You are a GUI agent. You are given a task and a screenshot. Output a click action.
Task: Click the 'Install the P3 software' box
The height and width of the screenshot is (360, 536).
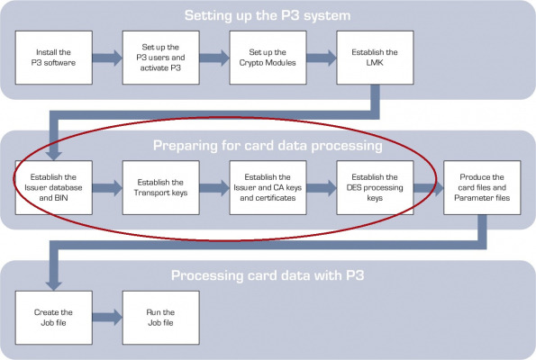pos(54,58)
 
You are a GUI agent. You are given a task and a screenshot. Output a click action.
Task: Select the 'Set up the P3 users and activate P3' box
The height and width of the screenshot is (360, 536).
pos(160,58)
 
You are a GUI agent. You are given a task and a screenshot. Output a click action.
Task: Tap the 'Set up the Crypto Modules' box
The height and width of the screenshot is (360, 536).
pos(268,58)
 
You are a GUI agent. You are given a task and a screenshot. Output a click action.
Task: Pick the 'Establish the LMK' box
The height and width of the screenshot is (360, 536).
pos(375,58)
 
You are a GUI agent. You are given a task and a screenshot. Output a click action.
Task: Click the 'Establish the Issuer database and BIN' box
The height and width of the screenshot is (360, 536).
pos(54,187)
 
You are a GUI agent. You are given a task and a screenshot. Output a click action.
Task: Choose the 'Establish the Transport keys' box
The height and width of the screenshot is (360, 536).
pos(160,187)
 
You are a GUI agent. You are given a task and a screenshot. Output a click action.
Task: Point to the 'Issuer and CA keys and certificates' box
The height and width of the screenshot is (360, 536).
pos(268,187)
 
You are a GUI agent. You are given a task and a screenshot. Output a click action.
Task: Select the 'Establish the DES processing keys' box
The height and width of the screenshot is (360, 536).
pos(375,187)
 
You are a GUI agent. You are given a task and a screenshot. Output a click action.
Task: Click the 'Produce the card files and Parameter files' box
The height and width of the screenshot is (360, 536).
pos(482,187)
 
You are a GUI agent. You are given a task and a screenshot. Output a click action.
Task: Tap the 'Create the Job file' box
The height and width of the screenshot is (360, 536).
pos(54,318)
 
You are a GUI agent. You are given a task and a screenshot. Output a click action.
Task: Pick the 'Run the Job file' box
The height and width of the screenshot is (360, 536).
pos(160,318)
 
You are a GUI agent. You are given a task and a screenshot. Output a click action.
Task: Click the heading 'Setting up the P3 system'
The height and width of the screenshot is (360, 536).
pos(268,15)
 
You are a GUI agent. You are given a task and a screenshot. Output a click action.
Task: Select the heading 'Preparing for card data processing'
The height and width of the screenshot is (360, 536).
pos(268,146)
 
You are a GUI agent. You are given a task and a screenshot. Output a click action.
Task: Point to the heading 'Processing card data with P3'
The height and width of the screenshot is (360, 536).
pos(268,275)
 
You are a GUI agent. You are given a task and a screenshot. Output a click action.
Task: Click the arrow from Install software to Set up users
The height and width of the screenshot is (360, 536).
pos(107,58)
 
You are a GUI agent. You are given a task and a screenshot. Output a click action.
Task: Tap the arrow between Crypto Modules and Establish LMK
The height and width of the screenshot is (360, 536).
pos(322,58)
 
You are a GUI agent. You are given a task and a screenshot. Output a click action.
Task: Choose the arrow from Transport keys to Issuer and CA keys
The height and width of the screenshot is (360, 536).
pos(214,188)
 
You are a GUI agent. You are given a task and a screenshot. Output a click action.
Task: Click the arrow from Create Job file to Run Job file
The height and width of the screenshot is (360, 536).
pos(107,318)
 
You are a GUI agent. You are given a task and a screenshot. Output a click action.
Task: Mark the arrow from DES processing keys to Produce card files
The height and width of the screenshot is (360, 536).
pos(429,188)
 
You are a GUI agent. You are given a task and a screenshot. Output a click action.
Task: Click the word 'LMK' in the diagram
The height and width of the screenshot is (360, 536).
pos(375,63)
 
